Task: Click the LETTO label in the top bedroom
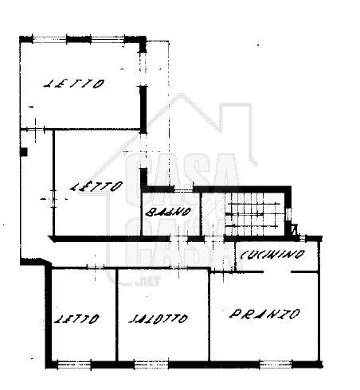click(74, 84)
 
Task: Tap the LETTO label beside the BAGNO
click(96, 186)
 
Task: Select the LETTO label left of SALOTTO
click(76, 318)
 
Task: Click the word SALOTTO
click(158, 318)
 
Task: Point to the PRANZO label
click(264, 314)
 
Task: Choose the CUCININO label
click(272, 254)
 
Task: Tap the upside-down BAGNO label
click(168, 212)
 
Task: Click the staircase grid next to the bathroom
click(252, 214)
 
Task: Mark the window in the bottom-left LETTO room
click(74, 365)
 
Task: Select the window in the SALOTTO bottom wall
click(151, 365)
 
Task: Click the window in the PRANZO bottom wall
click(276, 365)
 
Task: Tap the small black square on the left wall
click(24, 152)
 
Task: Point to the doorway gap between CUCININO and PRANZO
click(277, 271)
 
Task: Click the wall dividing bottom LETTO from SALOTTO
click(116, 314)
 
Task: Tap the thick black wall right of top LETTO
click(143, 109)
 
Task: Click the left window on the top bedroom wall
click(49, 40)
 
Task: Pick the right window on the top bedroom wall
click(108, 40)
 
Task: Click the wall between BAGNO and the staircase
click(201, 214)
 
